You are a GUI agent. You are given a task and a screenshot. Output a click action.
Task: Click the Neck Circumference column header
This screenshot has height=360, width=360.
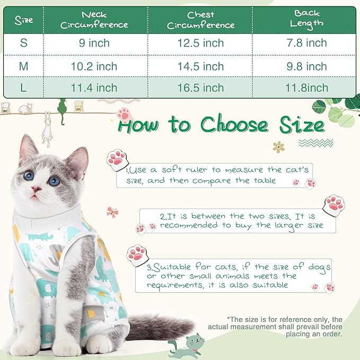(94, 20)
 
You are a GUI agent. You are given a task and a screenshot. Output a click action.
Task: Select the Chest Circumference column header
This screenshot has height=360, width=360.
(200, 20)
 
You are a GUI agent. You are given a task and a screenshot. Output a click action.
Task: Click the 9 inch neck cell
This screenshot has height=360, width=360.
(94, 43)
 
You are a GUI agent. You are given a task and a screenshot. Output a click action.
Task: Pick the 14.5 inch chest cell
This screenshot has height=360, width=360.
(200, 66)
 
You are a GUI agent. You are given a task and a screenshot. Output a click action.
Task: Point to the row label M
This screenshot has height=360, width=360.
(23, 66)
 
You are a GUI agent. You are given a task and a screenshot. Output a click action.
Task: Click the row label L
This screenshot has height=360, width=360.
(23, 88)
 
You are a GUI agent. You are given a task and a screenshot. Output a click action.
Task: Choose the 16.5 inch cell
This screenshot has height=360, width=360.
(200, 88)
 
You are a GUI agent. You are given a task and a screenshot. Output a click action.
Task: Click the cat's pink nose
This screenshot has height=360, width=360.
(37, 189)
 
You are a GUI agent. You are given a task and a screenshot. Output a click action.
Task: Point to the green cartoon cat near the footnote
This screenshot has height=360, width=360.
(183, 345)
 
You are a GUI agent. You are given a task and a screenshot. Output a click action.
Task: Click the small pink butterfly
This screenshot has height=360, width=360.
(112, 212)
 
